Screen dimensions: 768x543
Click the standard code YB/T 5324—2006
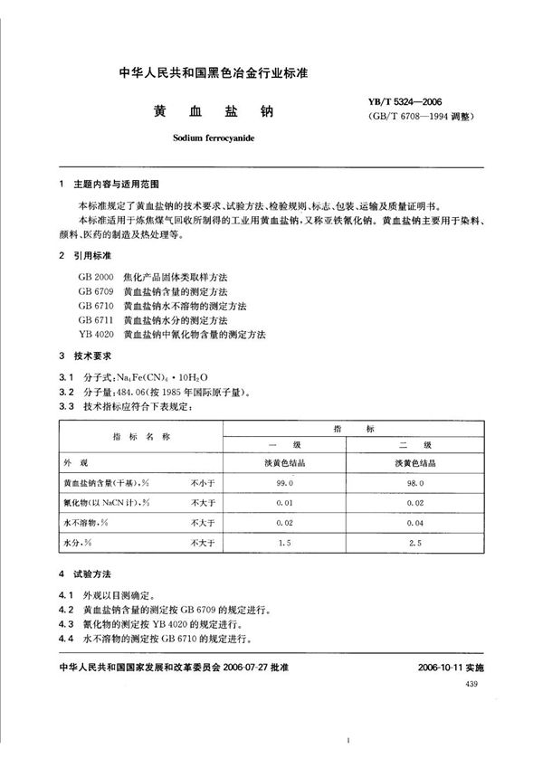[410, 103]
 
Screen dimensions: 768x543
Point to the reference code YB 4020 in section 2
[95, 335]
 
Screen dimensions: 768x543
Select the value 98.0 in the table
[415, 484]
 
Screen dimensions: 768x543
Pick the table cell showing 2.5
[415, 544]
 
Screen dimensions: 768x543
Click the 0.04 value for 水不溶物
[415, 524]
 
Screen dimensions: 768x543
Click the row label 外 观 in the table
[78, 464]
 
